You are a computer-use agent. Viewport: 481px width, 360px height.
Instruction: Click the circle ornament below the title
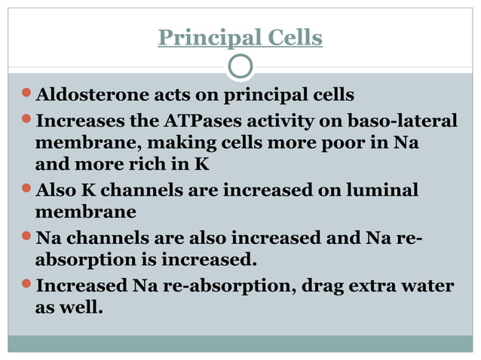point(240,67)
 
